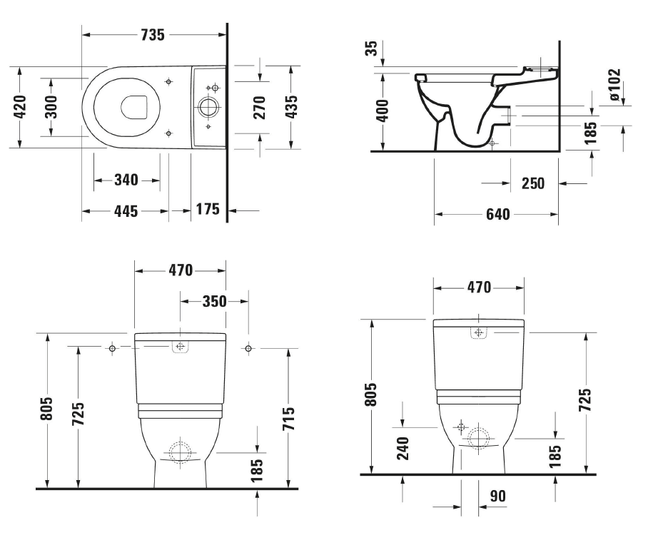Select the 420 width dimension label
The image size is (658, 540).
20,107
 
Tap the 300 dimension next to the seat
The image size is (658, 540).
51,107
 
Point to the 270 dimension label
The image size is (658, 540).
259,107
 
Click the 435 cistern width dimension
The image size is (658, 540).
291,107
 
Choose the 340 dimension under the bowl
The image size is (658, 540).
126,180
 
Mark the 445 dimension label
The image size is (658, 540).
126,211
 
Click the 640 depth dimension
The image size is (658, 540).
497,214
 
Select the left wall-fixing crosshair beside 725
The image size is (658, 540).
112,348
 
